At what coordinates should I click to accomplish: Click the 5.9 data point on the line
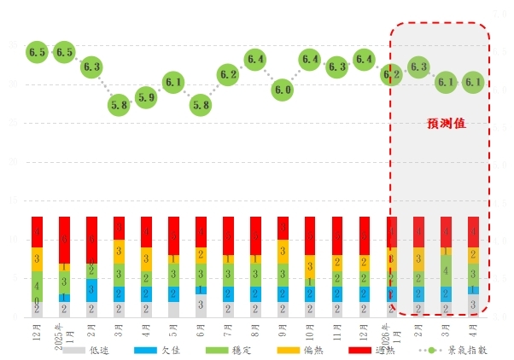[x=146, y=97]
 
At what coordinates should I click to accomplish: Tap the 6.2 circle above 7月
[x=228, y=74]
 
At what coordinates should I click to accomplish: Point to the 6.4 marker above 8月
[x=255, y=59]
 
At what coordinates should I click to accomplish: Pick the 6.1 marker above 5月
[x=173, y=83]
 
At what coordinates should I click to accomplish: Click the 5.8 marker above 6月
[x=201, y=105]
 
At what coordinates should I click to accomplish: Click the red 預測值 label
[x=447, y=123]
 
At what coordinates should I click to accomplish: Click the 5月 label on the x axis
[x=174, y=328]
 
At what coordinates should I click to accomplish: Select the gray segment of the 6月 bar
[x=201, y=305]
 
